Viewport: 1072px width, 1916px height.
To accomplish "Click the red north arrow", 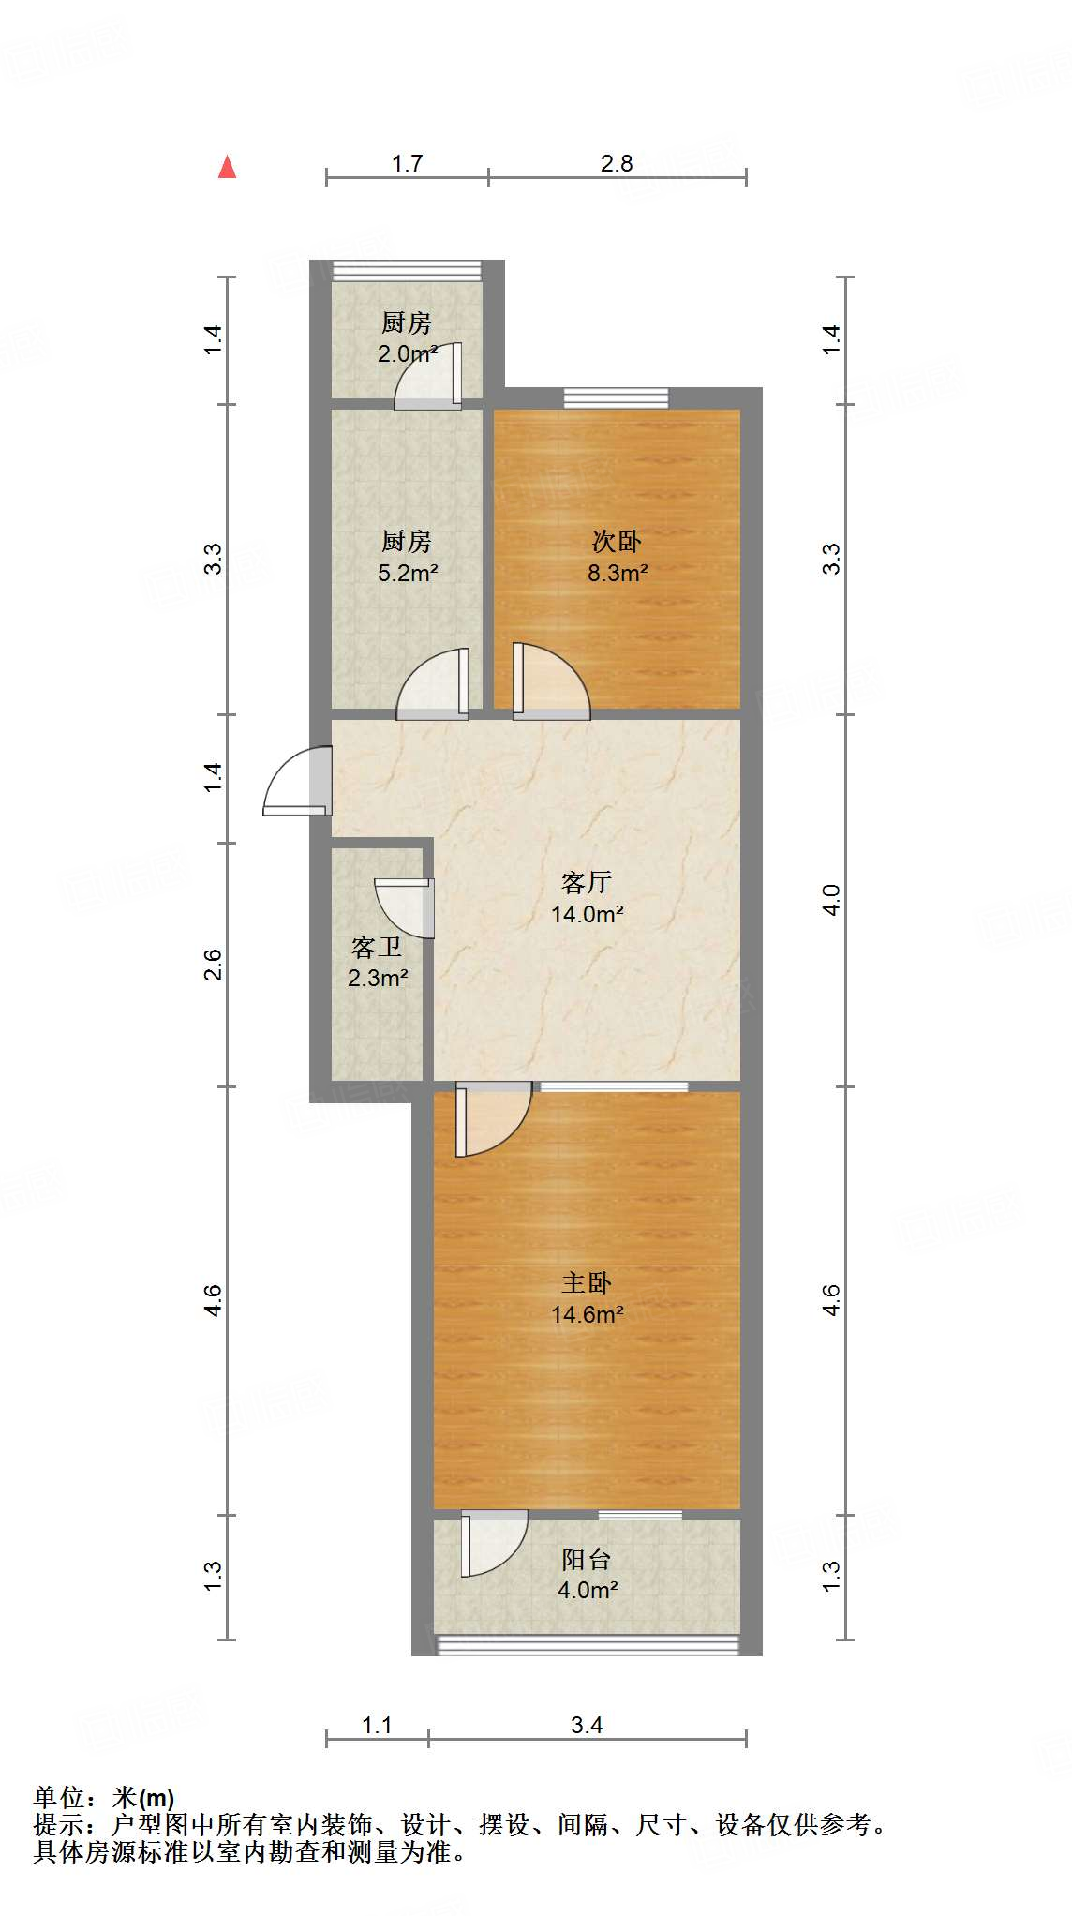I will coord(227,167).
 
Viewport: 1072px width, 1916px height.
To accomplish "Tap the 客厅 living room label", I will coord(587,882).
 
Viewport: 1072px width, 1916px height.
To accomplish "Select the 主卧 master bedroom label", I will coord(587,1282).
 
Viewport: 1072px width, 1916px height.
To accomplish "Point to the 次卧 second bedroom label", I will coord(617,541).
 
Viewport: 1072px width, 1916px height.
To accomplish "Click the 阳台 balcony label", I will coord(587,1559).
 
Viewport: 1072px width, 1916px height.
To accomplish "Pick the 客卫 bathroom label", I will coord(377,947).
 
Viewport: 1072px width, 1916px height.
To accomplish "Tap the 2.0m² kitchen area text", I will coord(407,354).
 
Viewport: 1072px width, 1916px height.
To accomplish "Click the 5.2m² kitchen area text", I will coord(408,573).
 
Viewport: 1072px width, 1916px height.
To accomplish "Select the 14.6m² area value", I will coord(588,1314).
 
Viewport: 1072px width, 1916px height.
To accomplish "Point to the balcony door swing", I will coord(493,1540).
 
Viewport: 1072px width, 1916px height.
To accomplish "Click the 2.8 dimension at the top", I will coord(617,164).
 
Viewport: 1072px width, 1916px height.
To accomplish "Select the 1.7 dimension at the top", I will coord(407,164).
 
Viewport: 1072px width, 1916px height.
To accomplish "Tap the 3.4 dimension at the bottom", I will coord(587,1725).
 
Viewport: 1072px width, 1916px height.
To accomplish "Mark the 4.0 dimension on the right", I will coord(831,900).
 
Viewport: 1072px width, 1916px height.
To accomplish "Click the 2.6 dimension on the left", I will coord(214,965).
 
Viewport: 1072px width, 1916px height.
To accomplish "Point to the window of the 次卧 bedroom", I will coord(616,397).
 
